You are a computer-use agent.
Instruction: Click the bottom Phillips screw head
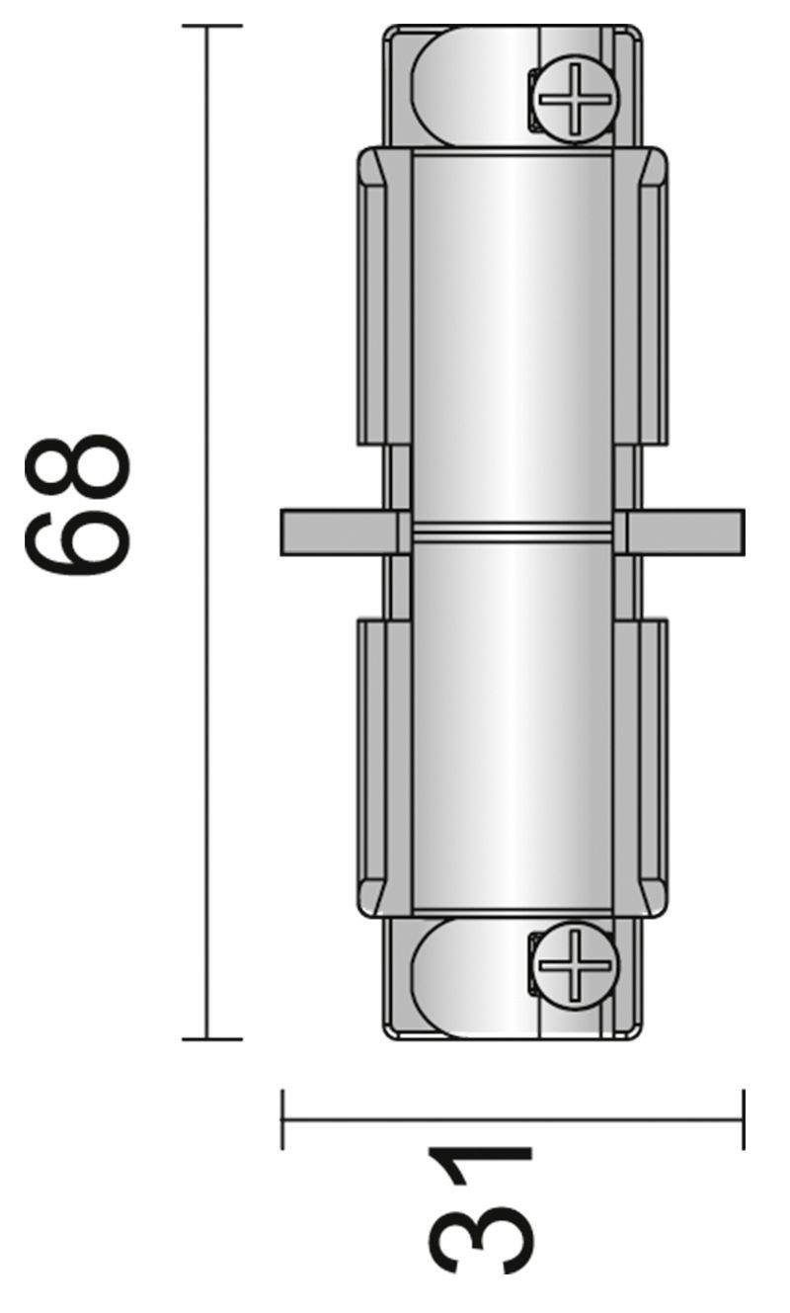tap(575, 965)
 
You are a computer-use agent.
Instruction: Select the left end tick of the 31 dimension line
tap(283, 1119)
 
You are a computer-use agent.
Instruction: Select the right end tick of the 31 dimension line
tap(743, 1119)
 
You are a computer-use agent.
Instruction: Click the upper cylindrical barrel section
tap(511, 336)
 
